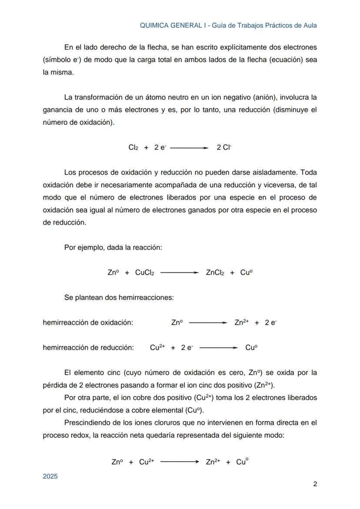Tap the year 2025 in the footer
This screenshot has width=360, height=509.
pos(50,476)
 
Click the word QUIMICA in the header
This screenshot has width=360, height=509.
pos(153,25)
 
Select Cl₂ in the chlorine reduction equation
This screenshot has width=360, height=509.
pos(133,148)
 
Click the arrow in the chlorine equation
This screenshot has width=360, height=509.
pos(189,148)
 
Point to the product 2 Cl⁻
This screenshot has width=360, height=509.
pos(224,148)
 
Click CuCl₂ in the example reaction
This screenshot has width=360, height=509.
pos(144,273)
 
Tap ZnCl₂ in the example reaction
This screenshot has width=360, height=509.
pos(215,273)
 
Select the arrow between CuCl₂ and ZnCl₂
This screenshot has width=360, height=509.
pos(180,273)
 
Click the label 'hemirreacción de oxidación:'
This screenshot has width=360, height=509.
pos(88,323)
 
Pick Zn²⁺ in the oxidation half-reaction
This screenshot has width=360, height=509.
pos(241,323)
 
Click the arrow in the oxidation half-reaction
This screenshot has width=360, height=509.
pos(208,323)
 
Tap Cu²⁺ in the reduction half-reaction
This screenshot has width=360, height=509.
pos(157,348)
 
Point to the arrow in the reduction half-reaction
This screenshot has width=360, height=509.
pos(219,348)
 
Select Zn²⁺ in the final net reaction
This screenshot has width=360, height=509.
pos(213,462)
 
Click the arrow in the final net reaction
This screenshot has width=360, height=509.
pos(180,462)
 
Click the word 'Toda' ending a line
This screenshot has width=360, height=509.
pos(309,173)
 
